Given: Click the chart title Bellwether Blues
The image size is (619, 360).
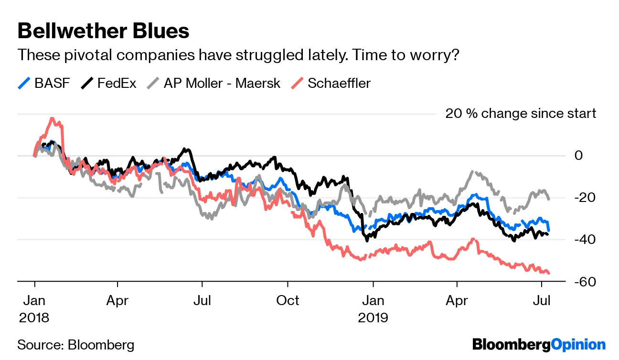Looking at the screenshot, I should [x=103, y=31].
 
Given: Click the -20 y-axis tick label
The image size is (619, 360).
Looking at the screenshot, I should [x=579, y=198].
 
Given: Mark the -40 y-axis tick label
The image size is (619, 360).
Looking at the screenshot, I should [x=579, y=240].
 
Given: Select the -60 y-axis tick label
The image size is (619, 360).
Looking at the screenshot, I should [x=579, y=282].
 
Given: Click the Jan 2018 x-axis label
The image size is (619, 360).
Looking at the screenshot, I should [x=34, y=308].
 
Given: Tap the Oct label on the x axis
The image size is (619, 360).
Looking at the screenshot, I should [x=288, y=300].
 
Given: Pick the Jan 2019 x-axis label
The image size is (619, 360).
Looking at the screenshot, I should [x=373, y=308].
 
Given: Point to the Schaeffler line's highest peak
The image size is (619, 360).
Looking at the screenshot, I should [x=52, y=118].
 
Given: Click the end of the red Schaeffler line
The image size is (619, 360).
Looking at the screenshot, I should [x=549, y=273].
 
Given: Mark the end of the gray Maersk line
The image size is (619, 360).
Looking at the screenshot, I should [x=548, y=199].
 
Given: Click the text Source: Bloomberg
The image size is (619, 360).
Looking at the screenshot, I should [x=76, y=345].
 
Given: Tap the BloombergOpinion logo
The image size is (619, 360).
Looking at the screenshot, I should [x=539, y=344].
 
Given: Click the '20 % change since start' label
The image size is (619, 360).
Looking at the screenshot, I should [x=521, y=114].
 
